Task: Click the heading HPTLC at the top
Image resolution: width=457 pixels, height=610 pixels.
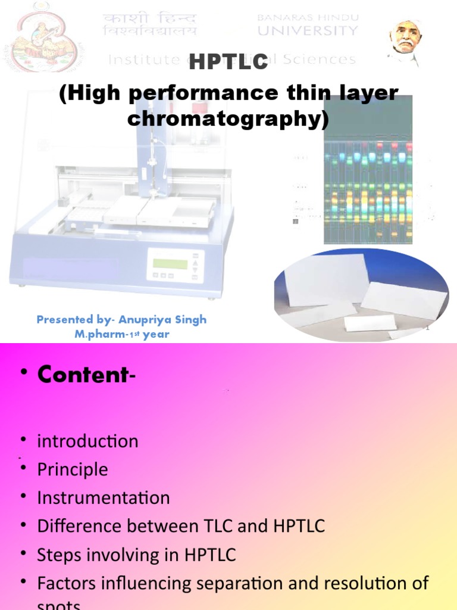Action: click(228, 62)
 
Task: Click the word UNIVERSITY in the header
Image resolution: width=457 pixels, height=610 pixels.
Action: click(308, 30)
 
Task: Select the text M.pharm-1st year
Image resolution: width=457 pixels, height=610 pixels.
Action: click(121, 334)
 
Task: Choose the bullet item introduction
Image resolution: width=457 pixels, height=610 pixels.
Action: click(87, 441)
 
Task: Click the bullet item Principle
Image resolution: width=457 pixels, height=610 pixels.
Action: click(73, 469)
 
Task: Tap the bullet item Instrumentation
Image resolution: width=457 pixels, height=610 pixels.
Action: click(104, 497)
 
